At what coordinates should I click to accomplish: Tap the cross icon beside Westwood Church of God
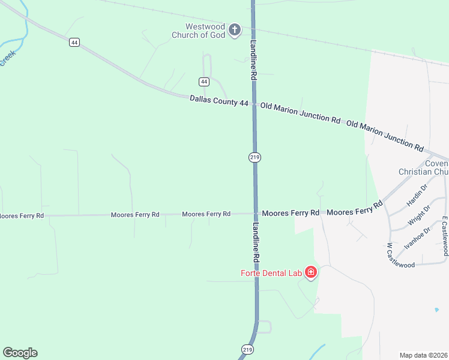click(234, 29)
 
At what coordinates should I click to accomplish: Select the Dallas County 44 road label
click(219, 101)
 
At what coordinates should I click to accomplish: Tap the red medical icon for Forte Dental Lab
click(311, 273)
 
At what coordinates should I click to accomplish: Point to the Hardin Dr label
click(416, 196)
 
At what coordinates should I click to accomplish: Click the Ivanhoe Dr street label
click(418, 238)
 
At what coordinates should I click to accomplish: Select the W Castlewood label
click(401, 257)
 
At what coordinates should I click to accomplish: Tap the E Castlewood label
click(445, 236)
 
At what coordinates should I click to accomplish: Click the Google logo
click(20, 353)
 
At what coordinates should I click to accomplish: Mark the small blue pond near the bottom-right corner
click(436, 310)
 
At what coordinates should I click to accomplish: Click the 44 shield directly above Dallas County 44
click(204, 81)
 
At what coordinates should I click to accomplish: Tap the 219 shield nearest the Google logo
click(248, 349)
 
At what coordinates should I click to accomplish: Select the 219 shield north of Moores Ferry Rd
click(255, 157)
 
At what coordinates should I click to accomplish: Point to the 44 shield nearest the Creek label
click(74, 42)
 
